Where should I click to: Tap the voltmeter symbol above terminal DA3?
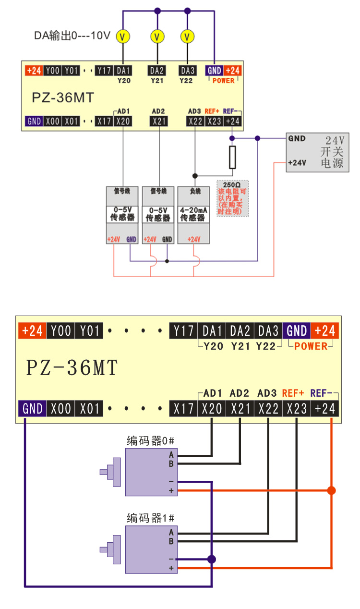(188, 37)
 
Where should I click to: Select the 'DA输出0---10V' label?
(72, 36)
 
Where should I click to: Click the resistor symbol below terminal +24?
(232, 158)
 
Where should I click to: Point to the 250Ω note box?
(233, 198)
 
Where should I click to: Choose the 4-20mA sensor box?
(193, 214)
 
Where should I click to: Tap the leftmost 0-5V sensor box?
(122, 214)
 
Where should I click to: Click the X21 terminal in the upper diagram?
(158, 122)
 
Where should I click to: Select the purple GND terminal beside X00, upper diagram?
(34, 122)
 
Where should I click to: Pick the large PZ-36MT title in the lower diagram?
(72, 368)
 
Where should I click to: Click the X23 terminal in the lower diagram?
(297, 409)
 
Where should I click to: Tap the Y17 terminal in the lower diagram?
(183, 331)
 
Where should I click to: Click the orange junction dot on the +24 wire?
(331, 490)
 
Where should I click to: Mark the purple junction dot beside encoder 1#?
(211, 559)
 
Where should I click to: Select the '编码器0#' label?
(147, 441)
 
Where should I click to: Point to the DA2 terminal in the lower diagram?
(240, 331)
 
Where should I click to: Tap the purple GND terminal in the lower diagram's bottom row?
(33, 409)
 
